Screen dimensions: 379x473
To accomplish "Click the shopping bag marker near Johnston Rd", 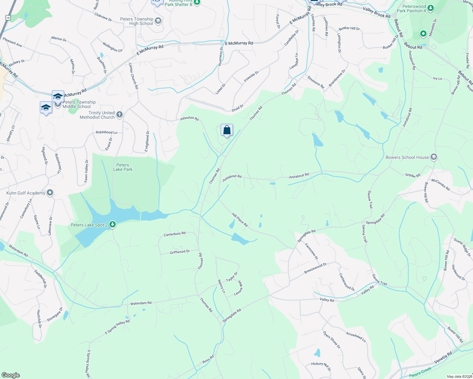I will [x=227, y=130].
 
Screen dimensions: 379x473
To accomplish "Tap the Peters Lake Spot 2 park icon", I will [x=112, y=225].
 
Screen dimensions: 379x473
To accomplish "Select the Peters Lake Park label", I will [x=123, y=167].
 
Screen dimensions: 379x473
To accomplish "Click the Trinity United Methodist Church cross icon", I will [x=119, y=115].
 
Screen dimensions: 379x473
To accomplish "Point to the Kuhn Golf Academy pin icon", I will [x=50, y=193].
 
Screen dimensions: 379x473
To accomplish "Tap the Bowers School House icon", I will [x=434, y=157].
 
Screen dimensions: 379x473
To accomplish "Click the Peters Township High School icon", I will [x=158, y=21].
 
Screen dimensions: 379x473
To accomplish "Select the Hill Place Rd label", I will [x=240, y=220].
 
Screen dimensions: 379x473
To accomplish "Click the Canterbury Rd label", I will [x=175, y=234].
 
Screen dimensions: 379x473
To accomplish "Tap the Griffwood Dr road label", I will [x=180, y=252].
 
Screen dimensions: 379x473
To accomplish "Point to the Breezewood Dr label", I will [x=315, y=268].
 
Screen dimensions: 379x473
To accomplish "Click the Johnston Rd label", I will [x=189, y=118].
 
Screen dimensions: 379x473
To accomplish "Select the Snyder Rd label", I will [x=413, y=175].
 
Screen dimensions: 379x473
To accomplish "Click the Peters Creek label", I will [x=420, y=372].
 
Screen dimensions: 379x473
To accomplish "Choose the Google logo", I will [x=11, y=375].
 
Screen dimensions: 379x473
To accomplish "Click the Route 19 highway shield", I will [x=8, y=18].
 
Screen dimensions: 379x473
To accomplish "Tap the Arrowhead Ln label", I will [x=356, y=337].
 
